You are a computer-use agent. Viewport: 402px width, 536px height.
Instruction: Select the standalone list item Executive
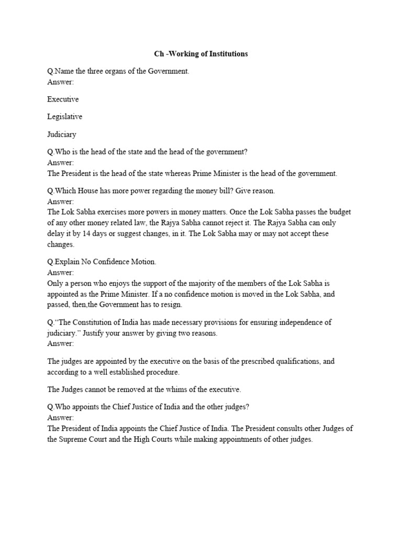[63, 99]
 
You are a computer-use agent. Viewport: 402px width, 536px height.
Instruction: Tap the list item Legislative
[64, 117]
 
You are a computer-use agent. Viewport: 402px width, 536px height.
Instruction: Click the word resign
[169, 305]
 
